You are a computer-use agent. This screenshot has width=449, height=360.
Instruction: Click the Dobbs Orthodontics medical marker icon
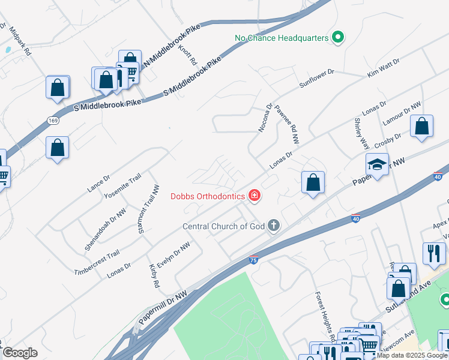(x=255, y=195)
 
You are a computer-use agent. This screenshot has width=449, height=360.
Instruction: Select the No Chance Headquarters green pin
(x=337, y=38)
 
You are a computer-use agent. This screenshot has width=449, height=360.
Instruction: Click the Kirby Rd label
(x=154, y=274)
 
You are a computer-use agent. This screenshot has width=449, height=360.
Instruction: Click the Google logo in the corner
(x=20, y=353)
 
